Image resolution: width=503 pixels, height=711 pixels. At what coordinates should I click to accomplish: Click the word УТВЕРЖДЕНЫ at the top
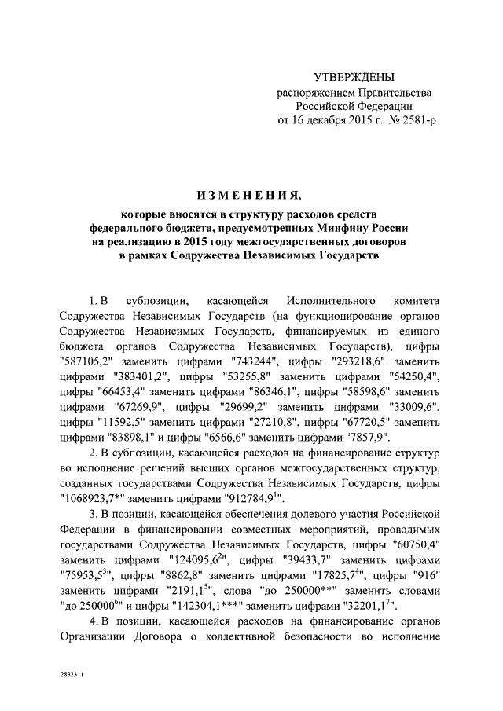[x=353, y=76]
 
